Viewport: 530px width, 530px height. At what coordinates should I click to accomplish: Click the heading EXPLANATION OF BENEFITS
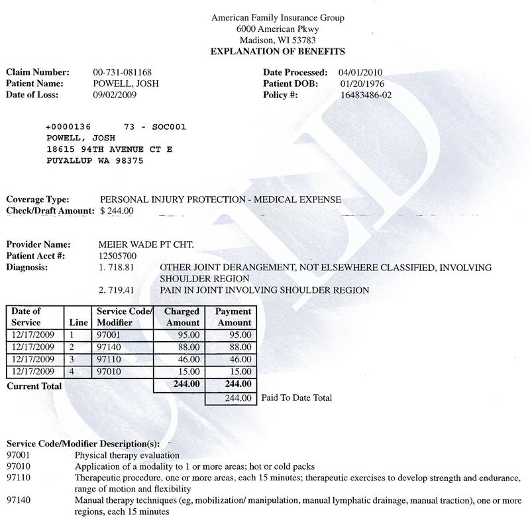[x=278, y=51]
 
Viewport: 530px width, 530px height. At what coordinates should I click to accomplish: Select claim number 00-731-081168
[x=126, y=72]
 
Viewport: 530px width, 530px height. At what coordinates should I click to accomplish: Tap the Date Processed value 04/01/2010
[x=360, y=72]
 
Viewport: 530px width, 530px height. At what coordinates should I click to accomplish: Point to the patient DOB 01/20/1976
[x=362, y=83]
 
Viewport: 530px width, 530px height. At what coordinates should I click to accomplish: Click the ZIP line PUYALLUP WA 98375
[x=103, y=161]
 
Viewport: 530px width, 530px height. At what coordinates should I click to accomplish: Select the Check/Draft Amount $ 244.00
[x=117, y=211]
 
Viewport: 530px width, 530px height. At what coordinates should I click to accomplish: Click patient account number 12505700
[x=117, y=256]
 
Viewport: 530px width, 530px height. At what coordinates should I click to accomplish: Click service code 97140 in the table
[x=110, y=347]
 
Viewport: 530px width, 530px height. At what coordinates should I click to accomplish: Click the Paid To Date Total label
[x=296, y=398]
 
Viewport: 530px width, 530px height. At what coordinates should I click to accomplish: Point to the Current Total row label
[x=34, y=386]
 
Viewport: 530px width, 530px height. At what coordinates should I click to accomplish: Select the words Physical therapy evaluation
[x=127, y=456]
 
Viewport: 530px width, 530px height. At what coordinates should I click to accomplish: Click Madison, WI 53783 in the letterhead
[x=278, y=40]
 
